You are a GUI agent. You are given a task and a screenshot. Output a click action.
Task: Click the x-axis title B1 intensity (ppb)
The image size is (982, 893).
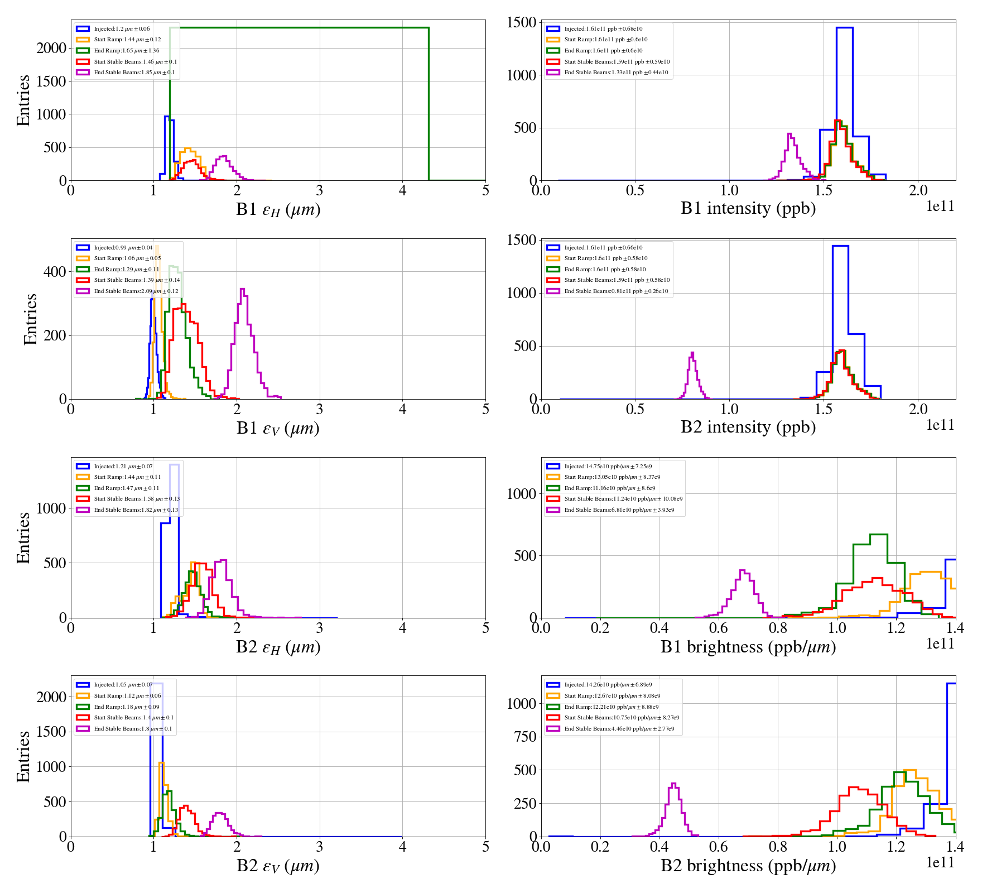point(748,208)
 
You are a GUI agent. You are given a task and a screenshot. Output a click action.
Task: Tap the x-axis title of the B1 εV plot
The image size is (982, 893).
point(278,428)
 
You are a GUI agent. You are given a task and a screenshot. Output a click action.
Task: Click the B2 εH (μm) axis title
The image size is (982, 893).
point(278,647)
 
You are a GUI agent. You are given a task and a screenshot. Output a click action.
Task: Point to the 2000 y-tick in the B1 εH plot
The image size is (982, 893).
point(51,48)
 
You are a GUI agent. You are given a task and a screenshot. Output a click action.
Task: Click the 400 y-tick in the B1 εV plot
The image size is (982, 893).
point(55,272)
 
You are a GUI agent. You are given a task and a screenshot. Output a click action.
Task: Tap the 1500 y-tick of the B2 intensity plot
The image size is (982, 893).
point(522,240)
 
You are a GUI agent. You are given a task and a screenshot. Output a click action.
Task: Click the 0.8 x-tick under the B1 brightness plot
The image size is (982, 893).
point(778,628)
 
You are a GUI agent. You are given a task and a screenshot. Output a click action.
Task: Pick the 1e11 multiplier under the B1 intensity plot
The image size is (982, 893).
point(940,207)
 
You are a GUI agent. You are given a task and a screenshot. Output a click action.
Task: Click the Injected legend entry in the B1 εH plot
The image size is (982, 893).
point(122,28)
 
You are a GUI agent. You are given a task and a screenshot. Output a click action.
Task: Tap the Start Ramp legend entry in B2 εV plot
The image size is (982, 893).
point(127,696)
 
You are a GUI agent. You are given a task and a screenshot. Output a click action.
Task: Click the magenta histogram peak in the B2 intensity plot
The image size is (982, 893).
point(692,353)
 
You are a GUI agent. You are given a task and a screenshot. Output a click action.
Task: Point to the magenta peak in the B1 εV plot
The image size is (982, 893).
point(242,289)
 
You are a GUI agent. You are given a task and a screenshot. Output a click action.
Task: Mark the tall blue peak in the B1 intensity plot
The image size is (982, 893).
point(844,28)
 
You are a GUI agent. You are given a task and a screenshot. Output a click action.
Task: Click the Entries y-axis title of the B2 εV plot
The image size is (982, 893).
point(23,756)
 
